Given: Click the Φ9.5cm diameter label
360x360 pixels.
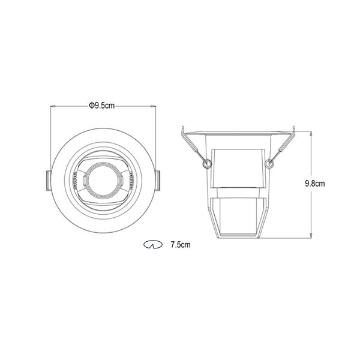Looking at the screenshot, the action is click(102, 106).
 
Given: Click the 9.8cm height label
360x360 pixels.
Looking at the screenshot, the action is click(315, 184).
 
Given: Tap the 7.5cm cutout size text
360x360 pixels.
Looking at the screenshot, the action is click(181, 245).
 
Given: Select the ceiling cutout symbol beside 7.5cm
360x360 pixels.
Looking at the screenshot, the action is click(153, 245).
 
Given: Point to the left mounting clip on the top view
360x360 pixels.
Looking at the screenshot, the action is click(49, 181).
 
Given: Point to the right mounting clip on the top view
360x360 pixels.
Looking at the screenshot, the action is click(157, 181).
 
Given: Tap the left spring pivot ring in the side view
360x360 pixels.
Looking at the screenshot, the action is click(206, 164).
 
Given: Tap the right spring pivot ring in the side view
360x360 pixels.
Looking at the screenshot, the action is click(269, 164).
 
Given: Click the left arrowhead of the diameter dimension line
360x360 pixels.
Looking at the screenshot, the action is click(53, 106).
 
